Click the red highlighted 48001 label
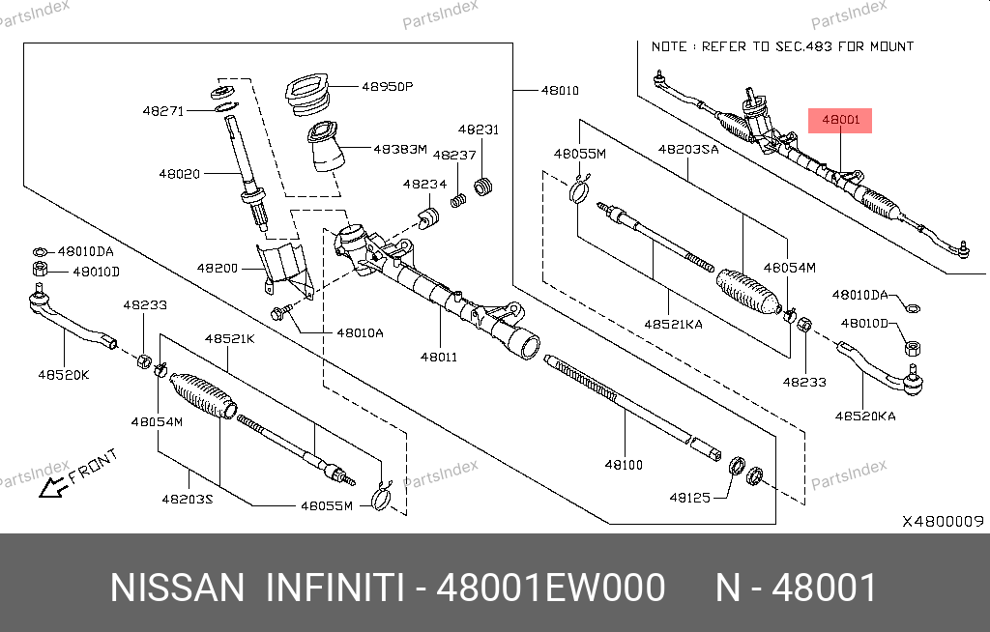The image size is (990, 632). (x=840, y=121)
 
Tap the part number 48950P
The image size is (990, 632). (x=388, y=86)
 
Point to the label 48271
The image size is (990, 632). (x=162, y=110)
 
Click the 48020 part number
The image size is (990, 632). (x=179, y=174)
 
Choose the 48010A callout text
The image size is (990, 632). (x=360, y=332)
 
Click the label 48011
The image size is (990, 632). (x=438, y=357)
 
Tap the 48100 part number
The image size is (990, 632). (x=624, y=465)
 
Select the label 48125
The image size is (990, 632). (x=689, y=498)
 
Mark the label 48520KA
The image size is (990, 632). (x=865, y=417)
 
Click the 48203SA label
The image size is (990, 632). (x=688, y=150)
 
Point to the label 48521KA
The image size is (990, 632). (x=673, y=324)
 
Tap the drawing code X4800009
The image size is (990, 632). (x=943, y=521)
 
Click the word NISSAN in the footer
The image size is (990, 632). (x=178, y=588)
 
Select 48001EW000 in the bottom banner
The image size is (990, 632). (x=551, y=588)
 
